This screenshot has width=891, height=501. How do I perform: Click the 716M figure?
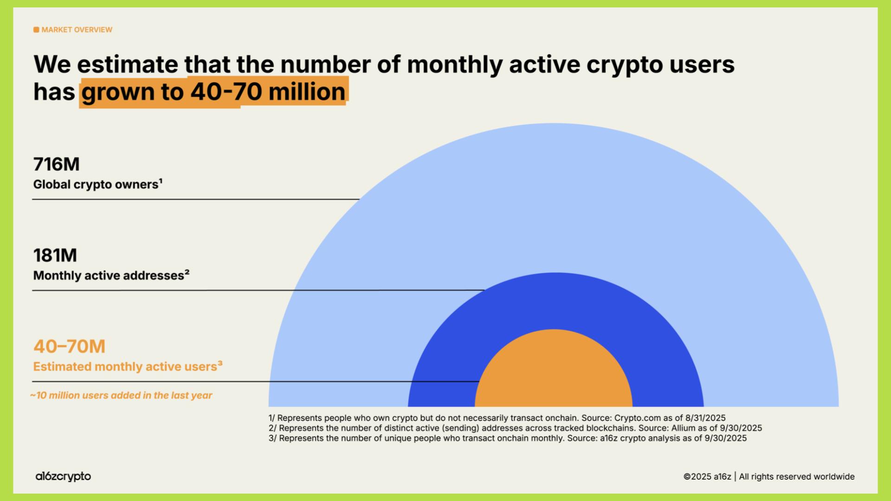click(x=56, y=164)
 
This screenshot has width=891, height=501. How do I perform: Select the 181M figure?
click(x=55, y=256)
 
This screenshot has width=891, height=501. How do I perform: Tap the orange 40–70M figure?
click(x=69, y=347)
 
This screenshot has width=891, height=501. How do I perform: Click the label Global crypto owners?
click(x=96, y=185)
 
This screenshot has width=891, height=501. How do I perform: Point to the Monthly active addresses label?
click(x=109, y=276)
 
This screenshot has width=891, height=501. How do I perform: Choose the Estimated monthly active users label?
click(x=125, y=367)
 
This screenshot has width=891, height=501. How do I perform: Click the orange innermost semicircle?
click(x=554, y=371)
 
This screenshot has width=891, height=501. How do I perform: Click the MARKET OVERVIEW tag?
click(x=77, y=30)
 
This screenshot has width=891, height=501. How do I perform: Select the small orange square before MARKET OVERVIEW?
click(x=36, y=30)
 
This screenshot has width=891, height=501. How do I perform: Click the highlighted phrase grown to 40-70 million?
click(x=213, y=92)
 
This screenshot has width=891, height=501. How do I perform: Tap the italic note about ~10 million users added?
click(x=121, y=396)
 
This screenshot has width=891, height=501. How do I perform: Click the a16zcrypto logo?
click(x=63, y=476)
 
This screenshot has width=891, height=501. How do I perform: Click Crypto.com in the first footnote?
click(x=637, y=418)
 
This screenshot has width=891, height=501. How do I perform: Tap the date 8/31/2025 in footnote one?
click(x=705, y=418)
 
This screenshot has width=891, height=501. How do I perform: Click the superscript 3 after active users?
click(x=220, y=363)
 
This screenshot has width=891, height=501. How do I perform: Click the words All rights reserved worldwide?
click(x=796, y=477)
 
